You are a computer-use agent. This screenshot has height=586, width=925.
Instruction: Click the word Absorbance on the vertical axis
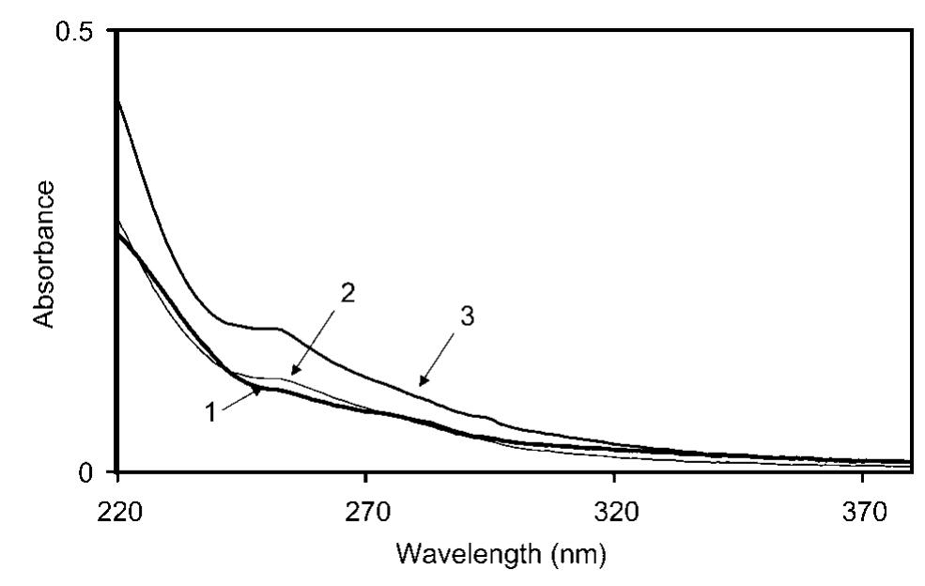(x=44, y=254)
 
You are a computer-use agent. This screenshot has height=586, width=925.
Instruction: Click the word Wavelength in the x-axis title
(x=464, y=554)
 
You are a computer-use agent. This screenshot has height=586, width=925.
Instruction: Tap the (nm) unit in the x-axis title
(x=580, y=554)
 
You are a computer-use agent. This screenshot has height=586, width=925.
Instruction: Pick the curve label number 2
(x=347, y=294)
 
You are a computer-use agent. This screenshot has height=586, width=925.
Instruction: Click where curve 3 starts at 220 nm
(x=117, y=100)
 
